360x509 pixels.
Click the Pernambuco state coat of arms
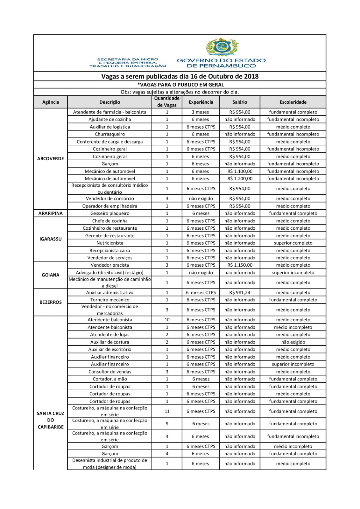click(222, 47)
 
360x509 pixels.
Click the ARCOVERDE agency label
click(50, 158)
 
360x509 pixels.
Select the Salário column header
click(240, 102)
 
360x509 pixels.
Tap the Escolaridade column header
click(293, 102)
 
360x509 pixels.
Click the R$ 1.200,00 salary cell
click(240, 178)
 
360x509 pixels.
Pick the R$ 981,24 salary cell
click(240, 292)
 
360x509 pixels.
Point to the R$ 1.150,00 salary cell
click(240, 265)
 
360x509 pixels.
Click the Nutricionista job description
click(110, 243)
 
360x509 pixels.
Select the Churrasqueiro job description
click(110, 134)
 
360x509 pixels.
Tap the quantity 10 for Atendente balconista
click(167, 320)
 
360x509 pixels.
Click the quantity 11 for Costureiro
click(167, 411)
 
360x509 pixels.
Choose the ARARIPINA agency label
click(50, 213)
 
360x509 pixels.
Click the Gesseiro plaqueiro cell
click(110, 213)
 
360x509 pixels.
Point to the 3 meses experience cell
click(201, 112)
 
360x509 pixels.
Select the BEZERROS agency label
click(50, 302)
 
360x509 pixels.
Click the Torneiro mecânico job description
click(110, 300)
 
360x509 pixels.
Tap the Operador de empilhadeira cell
click(110, 206)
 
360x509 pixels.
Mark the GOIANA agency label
click(50, 275)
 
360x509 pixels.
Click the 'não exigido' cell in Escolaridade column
click(293, 342)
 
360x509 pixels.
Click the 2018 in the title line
click(251, 76)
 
